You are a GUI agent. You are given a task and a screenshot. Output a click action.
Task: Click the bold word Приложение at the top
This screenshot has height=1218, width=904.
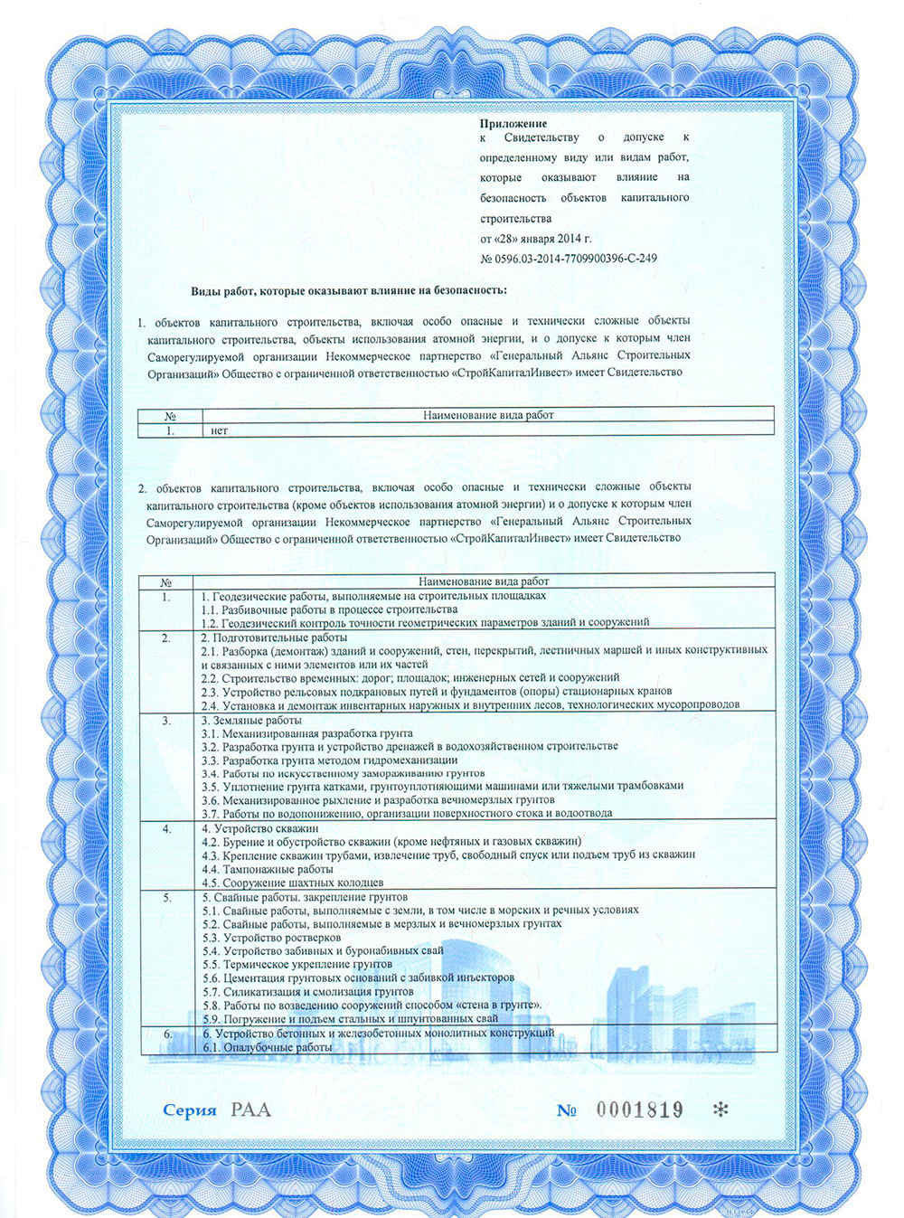pos(513,123)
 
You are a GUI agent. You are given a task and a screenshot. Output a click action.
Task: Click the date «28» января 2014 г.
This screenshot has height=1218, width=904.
pos(535,239)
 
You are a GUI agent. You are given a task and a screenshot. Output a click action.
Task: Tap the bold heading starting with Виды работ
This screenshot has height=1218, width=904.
pos(348,290)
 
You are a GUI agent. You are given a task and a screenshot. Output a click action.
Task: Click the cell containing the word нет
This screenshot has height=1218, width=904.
pos(219,430)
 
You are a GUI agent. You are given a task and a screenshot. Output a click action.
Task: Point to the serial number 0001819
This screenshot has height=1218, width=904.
pos(639,1109)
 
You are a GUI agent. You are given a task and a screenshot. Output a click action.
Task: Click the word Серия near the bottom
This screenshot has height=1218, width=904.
pos(190,1110)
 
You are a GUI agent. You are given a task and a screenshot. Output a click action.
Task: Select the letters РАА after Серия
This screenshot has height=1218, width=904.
pos(250,1109)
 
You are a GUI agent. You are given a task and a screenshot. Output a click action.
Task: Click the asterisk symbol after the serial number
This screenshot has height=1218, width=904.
pos(720,1109)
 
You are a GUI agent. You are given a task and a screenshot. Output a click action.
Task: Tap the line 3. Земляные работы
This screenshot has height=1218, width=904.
pos(251,720)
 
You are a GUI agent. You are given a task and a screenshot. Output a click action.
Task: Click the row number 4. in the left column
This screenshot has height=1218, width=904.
pos(166,828)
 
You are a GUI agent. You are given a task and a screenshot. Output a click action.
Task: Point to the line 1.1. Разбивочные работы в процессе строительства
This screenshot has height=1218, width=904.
pos(329,609)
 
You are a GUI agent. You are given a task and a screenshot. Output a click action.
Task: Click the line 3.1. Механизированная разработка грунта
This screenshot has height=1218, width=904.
pos(306,733)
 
